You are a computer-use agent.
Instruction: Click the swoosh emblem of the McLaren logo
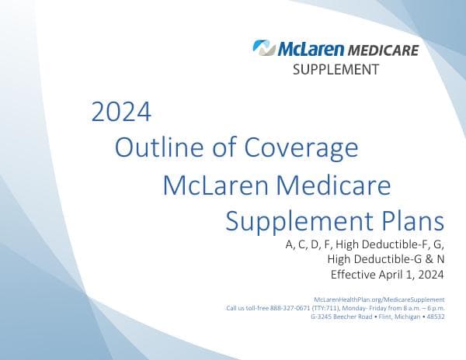pos(264,49)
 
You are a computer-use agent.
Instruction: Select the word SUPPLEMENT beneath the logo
pos(336,70)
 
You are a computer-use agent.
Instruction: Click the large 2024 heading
pos(120,112)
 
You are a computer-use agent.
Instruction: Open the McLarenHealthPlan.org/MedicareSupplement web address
pos(378,299)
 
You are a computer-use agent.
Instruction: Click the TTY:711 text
pos(322,308)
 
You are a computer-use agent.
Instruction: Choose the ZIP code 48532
pos(436,317)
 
